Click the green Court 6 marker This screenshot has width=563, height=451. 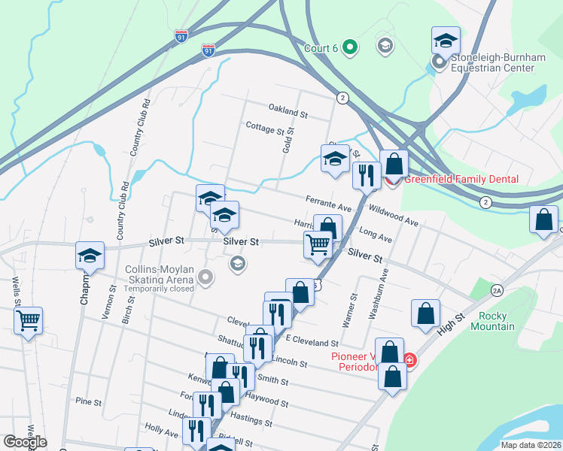tap(349, 48)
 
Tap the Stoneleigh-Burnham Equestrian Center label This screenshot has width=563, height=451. tap(492, 62)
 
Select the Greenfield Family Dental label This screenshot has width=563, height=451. tap(461, 179)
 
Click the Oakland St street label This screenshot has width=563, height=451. tap(288, 114)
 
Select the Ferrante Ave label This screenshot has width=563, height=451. tap(329, 203)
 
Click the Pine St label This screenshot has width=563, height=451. tap(88, 402)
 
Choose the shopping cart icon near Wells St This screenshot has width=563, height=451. tap(29, 321)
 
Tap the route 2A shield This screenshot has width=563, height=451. tap(496, 289)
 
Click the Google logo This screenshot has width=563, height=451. tap(25, 441)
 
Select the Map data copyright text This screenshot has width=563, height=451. tap(531, 445)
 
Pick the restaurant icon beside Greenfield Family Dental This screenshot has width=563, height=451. tap(366, 176)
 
